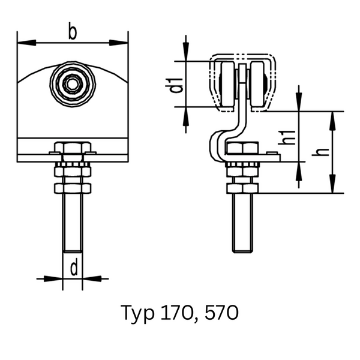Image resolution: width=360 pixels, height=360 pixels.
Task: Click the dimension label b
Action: point(73,31)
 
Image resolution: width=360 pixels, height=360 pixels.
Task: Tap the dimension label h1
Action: point(287,137)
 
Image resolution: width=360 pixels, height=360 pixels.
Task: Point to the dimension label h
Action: point(320,152)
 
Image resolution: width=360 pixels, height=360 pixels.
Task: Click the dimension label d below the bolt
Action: point(74,267)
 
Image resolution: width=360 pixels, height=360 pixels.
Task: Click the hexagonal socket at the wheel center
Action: point(72,85)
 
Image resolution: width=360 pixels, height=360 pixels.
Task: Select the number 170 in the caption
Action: point(176,312)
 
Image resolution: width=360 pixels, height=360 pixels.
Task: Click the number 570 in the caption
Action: point(221,312)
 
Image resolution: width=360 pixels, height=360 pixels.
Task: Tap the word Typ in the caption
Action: point(137,314)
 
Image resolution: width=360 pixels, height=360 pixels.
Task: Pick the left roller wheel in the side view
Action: point(227,84)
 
